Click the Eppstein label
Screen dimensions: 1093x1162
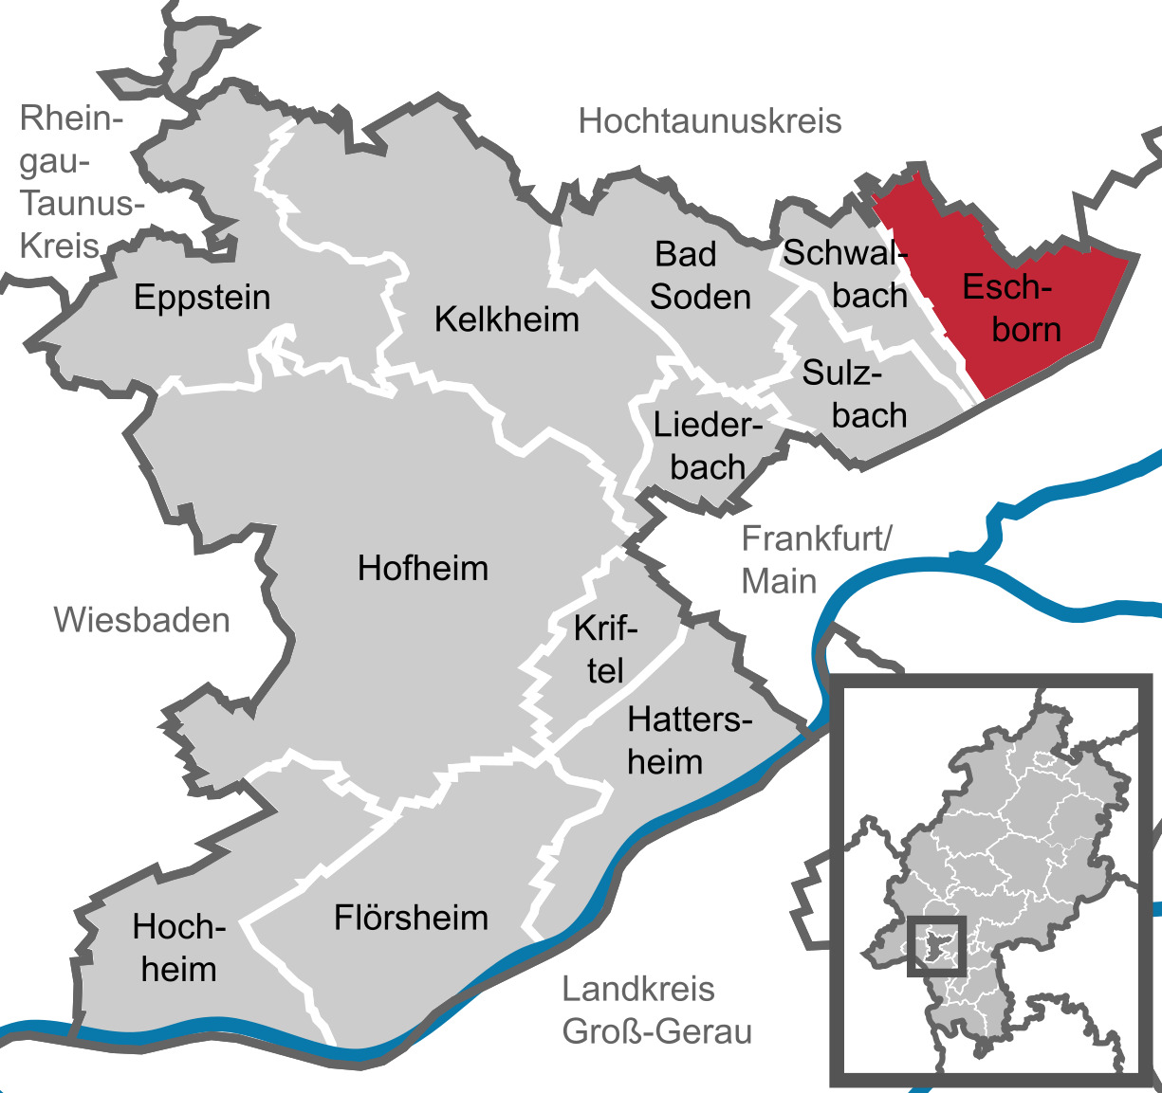pos(202,298)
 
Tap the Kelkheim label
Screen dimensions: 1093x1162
pos(507,319)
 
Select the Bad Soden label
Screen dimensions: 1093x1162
pos(699,276)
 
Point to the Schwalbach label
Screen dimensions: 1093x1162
pos(844,274)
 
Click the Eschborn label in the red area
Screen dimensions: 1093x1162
pos(1012,308)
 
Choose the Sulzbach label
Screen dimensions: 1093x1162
pos(854,394)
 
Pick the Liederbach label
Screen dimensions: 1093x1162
pos(708,446)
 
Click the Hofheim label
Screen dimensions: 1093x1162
pos(423,569)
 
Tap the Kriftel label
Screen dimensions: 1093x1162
pos(605,649)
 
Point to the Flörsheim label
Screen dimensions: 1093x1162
pos(411,918)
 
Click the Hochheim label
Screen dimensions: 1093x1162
pos(178,948)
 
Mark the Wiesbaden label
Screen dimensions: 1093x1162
pos(141,620)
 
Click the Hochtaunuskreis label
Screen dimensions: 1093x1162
pos(710,121)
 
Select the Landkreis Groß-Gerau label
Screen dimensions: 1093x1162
pos(656,1011)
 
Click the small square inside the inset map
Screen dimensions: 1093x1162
pos(936,945)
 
